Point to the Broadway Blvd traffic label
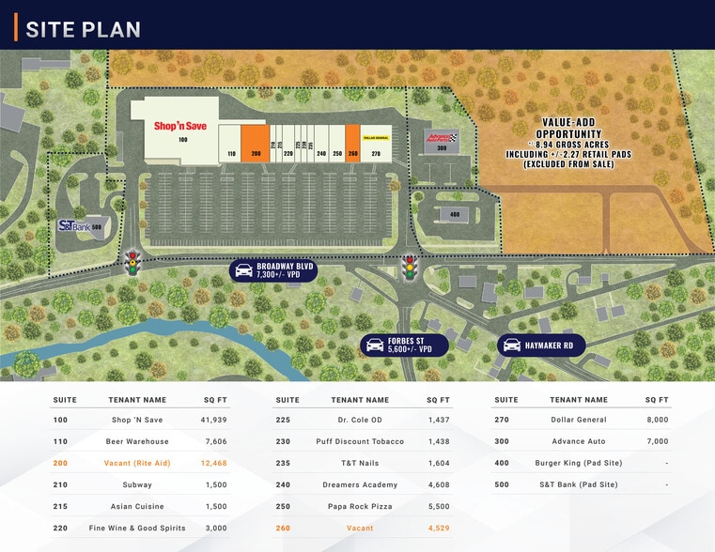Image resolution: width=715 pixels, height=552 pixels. [x=274, y=271]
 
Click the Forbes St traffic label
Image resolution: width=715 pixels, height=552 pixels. [x=405, y=345]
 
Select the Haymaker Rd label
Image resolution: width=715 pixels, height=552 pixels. [x=542, y=345]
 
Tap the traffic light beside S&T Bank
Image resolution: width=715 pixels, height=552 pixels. [x=132, y=263]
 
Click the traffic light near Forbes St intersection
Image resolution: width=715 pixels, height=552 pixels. [x=409, y=268]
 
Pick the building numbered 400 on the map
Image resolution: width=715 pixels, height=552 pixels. [x=454, y=215]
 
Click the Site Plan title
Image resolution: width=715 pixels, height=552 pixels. [x=83, y=29]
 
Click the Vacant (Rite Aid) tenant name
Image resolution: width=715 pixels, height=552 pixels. [x=137, y=463]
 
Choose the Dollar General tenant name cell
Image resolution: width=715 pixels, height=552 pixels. [x=578, y=420]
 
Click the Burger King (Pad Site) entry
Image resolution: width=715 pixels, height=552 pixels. [x=578, y=463]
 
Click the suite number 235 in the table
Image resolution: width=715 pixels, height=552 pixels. [x=283, y=463]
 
